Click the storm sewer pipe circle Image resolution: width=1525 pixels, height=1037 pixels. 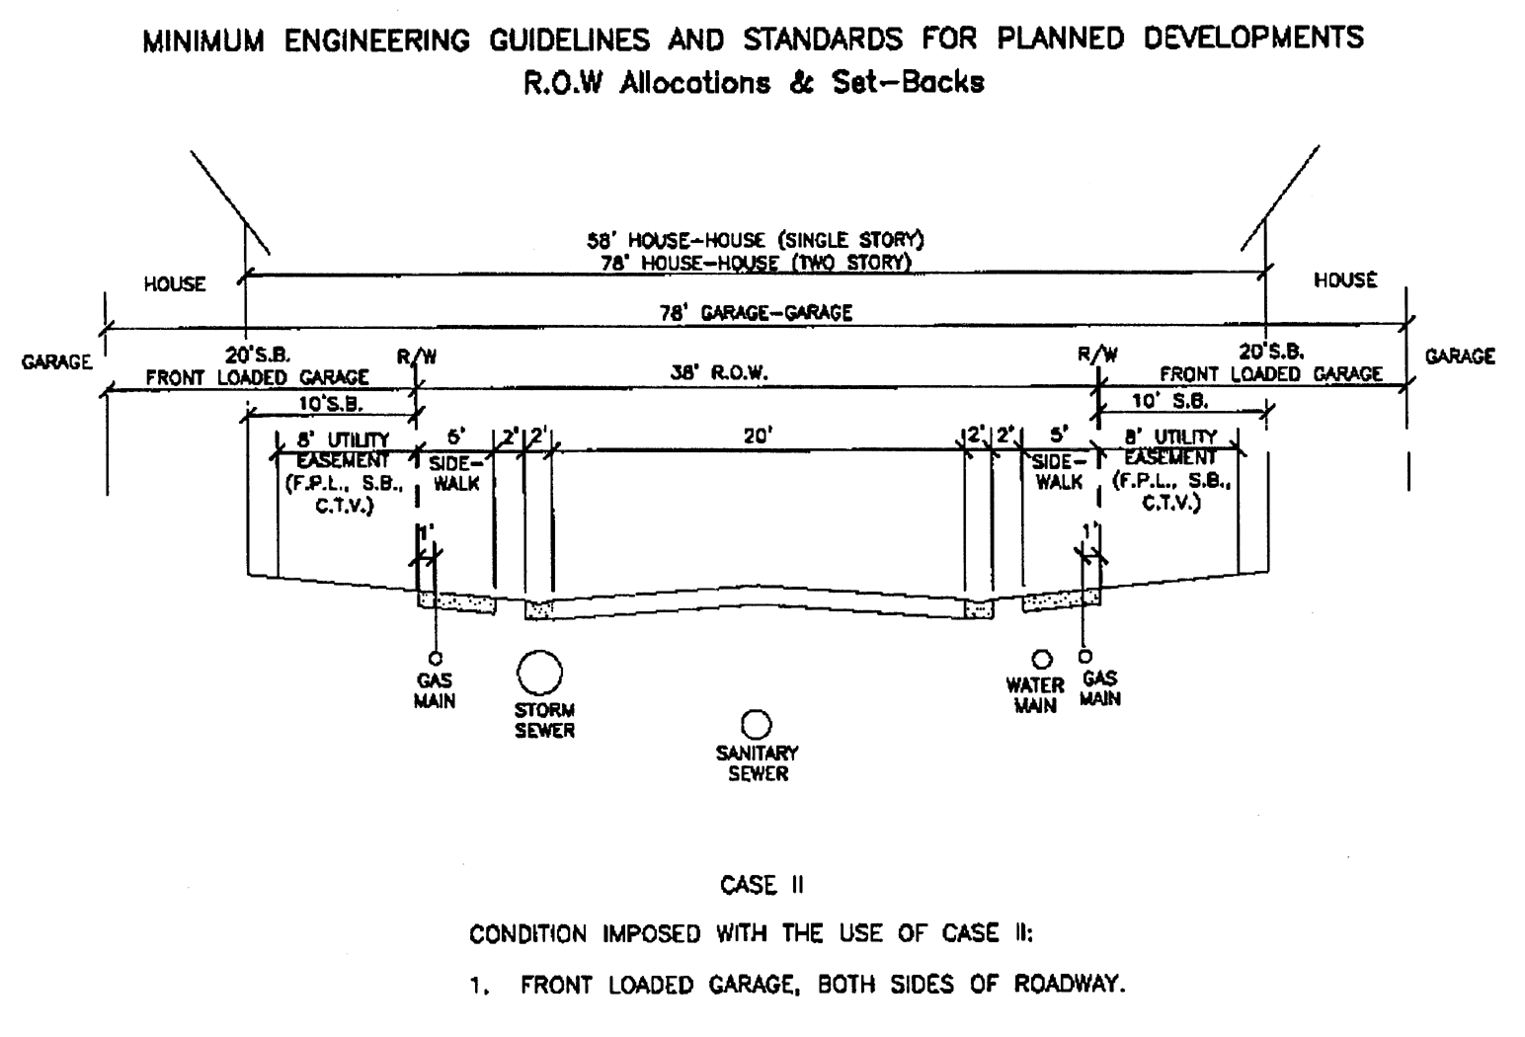click(x=539, y=674)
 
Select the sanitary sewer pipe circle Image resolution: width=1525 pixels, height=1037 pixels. click(x=757, y=726)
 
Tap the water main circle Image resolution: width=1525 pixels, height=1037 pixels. click(x=1041, y=659)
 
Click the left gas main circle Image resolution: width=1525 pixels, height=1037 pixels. click(x=435, y=659)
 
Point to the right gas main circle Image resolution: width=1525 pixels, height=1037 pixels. click(x=1085, y=656)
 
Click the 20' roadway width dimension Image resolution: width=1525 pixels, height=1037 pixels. click(x=758, y=435)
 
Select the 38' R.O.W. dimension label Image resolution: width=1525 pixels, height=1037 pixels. click(x=719, y=372)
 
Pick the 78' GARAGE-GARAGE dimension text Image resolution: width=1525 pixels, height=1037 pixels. click(x=756, y=313)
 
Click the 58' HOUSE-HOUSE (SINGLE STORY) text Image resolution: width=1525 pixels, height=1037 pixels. click(x=756, y=240)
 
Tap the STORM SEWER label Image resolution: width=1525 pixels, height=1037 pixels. click(x=544, y=721)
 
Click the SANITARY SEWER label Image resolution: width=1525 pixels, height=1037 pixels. click(x=758, y=763)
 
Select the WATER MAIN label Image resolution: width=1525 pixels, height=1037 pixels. click(x=1034, y=695)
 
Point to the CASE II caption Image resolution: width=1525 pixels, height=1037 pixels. click(x=762, y=885)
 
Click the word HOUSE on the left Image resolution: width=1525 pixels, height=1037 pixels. click(x=175, y=284)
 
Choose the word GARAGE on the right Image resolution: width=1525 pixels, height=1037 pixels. click(x=1460, y=357)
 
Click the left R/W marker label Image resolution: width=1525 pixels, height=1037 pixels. click(x=416, y=357)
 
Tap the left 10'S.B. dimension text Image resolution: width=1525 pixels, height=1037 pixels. click(x=330, y=404)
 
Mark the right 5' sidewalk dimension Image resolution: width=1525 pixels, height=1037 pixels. click(x=1059, y=434)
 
